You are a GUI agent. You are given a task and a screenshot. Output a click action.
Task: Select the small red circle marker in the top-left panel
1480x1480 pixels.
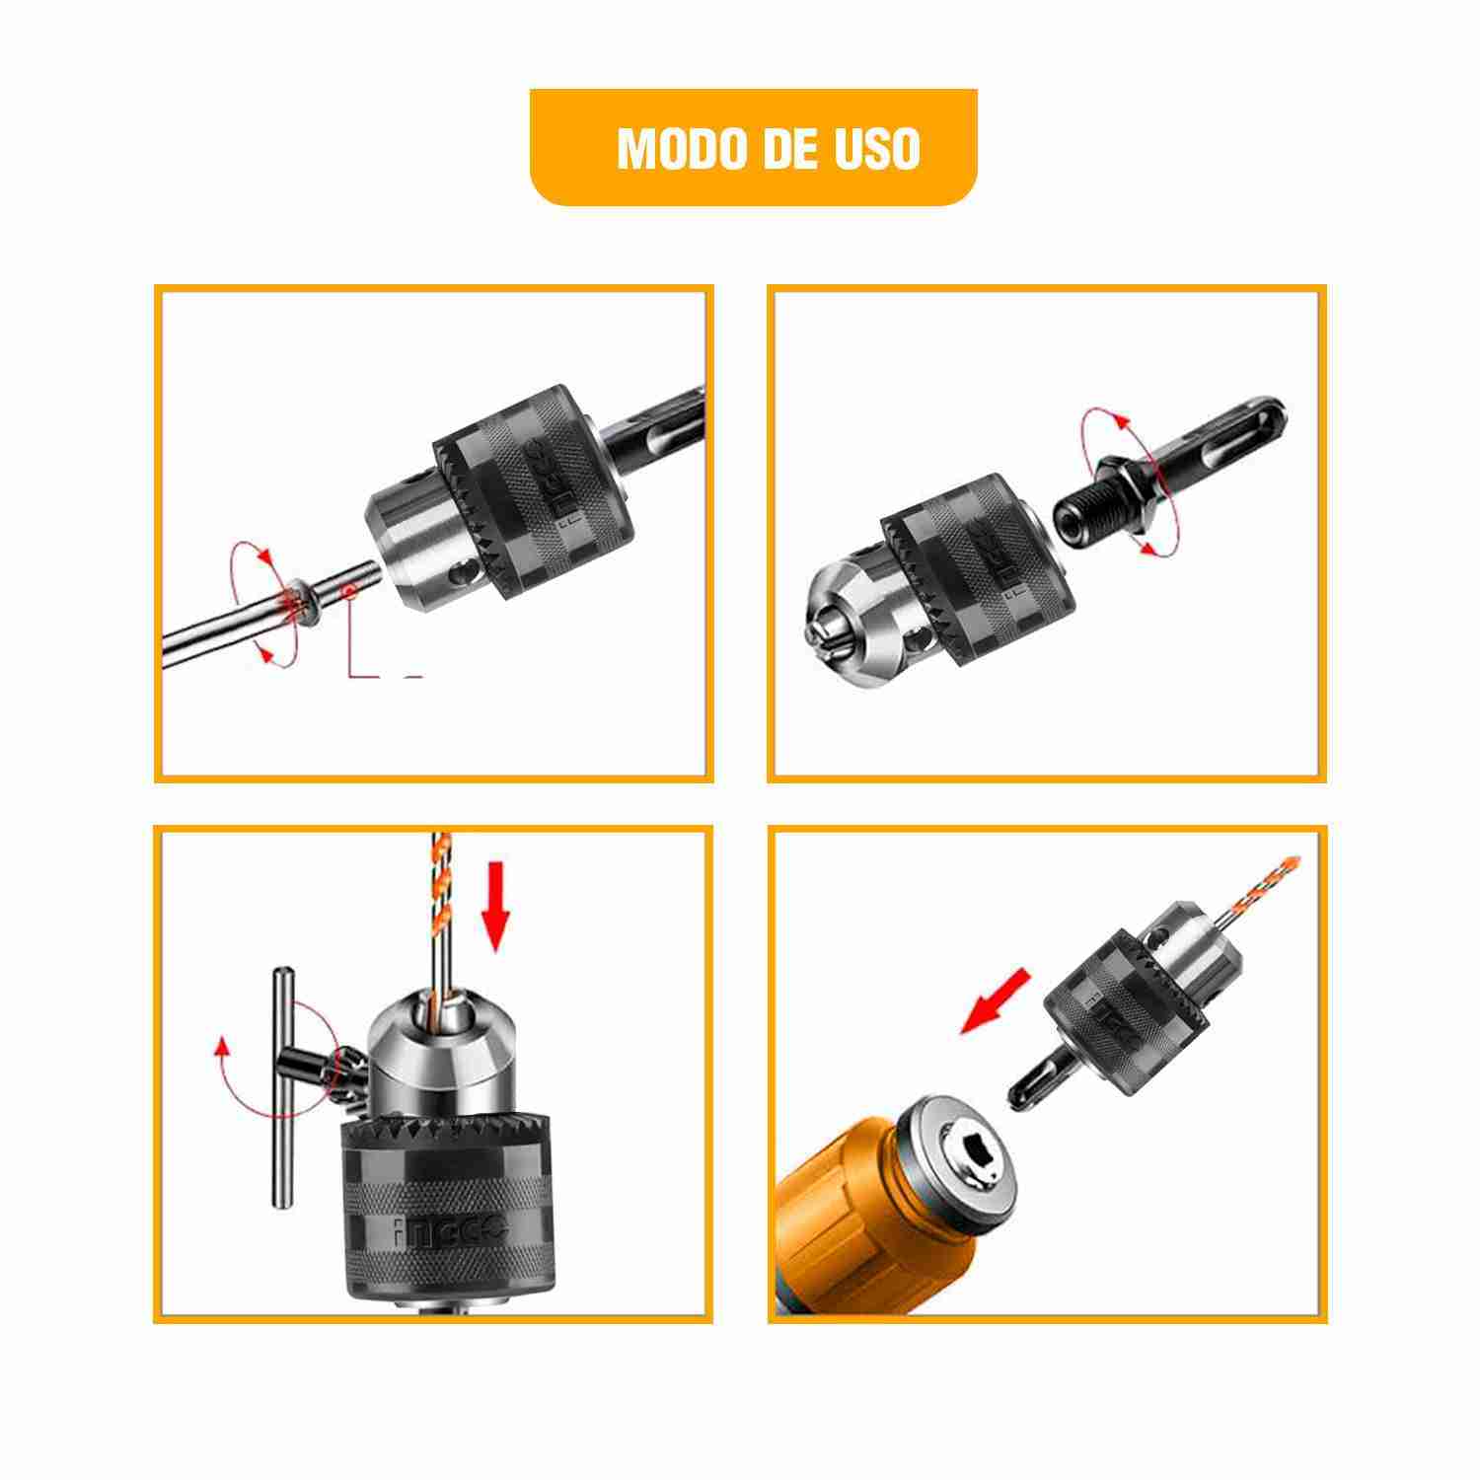point(346,590)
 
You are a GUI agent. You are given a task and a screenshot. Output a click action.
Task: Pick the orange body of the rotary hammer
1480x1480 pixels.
point(849,1223)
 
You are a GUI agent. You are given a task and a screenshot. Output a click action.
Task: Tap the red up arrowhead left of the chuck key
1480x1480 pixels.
point(222,1046)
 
